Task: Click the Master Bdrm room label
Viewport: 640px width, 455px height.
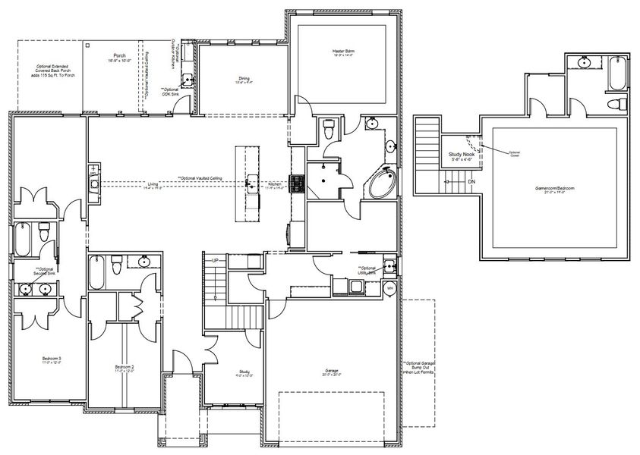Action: (343, 52)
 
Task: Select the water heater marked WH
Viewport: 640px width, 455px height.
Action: (390, 288)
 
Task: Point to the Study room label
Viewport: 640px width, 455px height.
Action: (233, 372)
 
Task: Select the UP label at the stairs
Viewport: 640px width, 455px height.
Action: (215, 261)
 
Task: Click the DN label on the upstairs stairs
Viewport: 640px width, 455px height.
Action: (471, 182)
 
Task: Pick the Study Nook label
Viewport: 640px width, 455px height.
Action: (461, 155)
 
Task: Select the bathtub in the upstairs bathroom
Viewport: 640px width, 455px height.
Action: (614, 74)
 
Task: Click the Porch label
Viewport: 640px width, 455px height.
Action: (119, 55)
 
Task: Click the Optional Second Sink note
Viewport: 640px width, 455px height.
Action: (45, 271)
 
